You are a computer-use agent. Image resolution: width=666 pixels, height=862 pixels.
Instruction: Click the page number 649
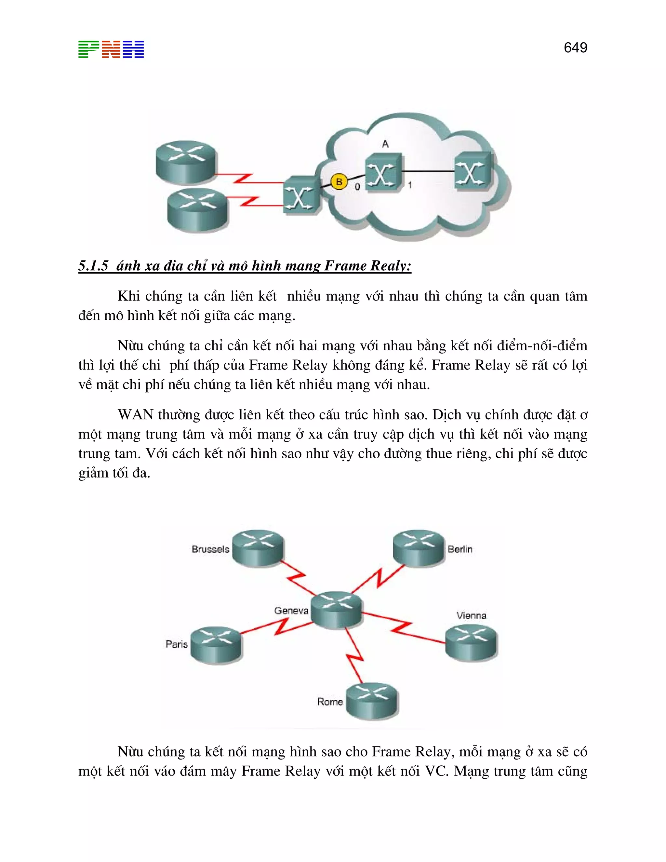[575, 48]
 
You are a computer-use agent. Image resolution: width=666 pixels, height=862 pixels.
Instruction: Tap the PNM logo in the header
[111, 49]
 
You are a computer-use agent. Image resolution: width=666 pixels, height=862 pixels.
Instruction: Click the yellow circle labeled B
[339, 182]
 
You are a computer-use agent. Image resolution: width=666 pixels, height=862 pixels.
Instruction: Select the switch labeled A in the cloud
[382, 173]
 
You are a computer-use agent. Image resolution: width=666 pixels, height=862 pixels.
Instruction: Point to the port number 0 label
[357, 187]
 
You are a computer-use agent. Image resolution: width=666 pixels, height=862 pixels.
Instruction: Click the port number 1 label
[410, 185]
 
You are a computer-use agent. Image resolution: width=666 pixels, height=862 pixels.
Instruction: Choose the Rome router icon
[372, 700]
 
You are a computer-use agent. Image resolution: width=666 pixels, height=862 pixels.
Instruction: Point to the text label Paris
[176, 644]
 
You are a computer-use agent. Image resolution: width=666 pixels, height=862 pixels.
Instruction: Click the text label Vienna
[471, 615]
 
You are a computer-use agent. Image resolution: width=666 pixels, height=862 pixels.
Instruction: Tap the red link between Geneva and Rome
[355, 655]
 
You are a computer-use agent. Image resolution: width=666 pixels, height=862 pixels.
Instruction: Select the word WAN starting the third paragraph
[135, 415]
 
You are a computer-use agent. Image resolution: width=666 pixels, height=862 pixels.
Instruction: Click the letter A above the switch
[385, 144]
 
